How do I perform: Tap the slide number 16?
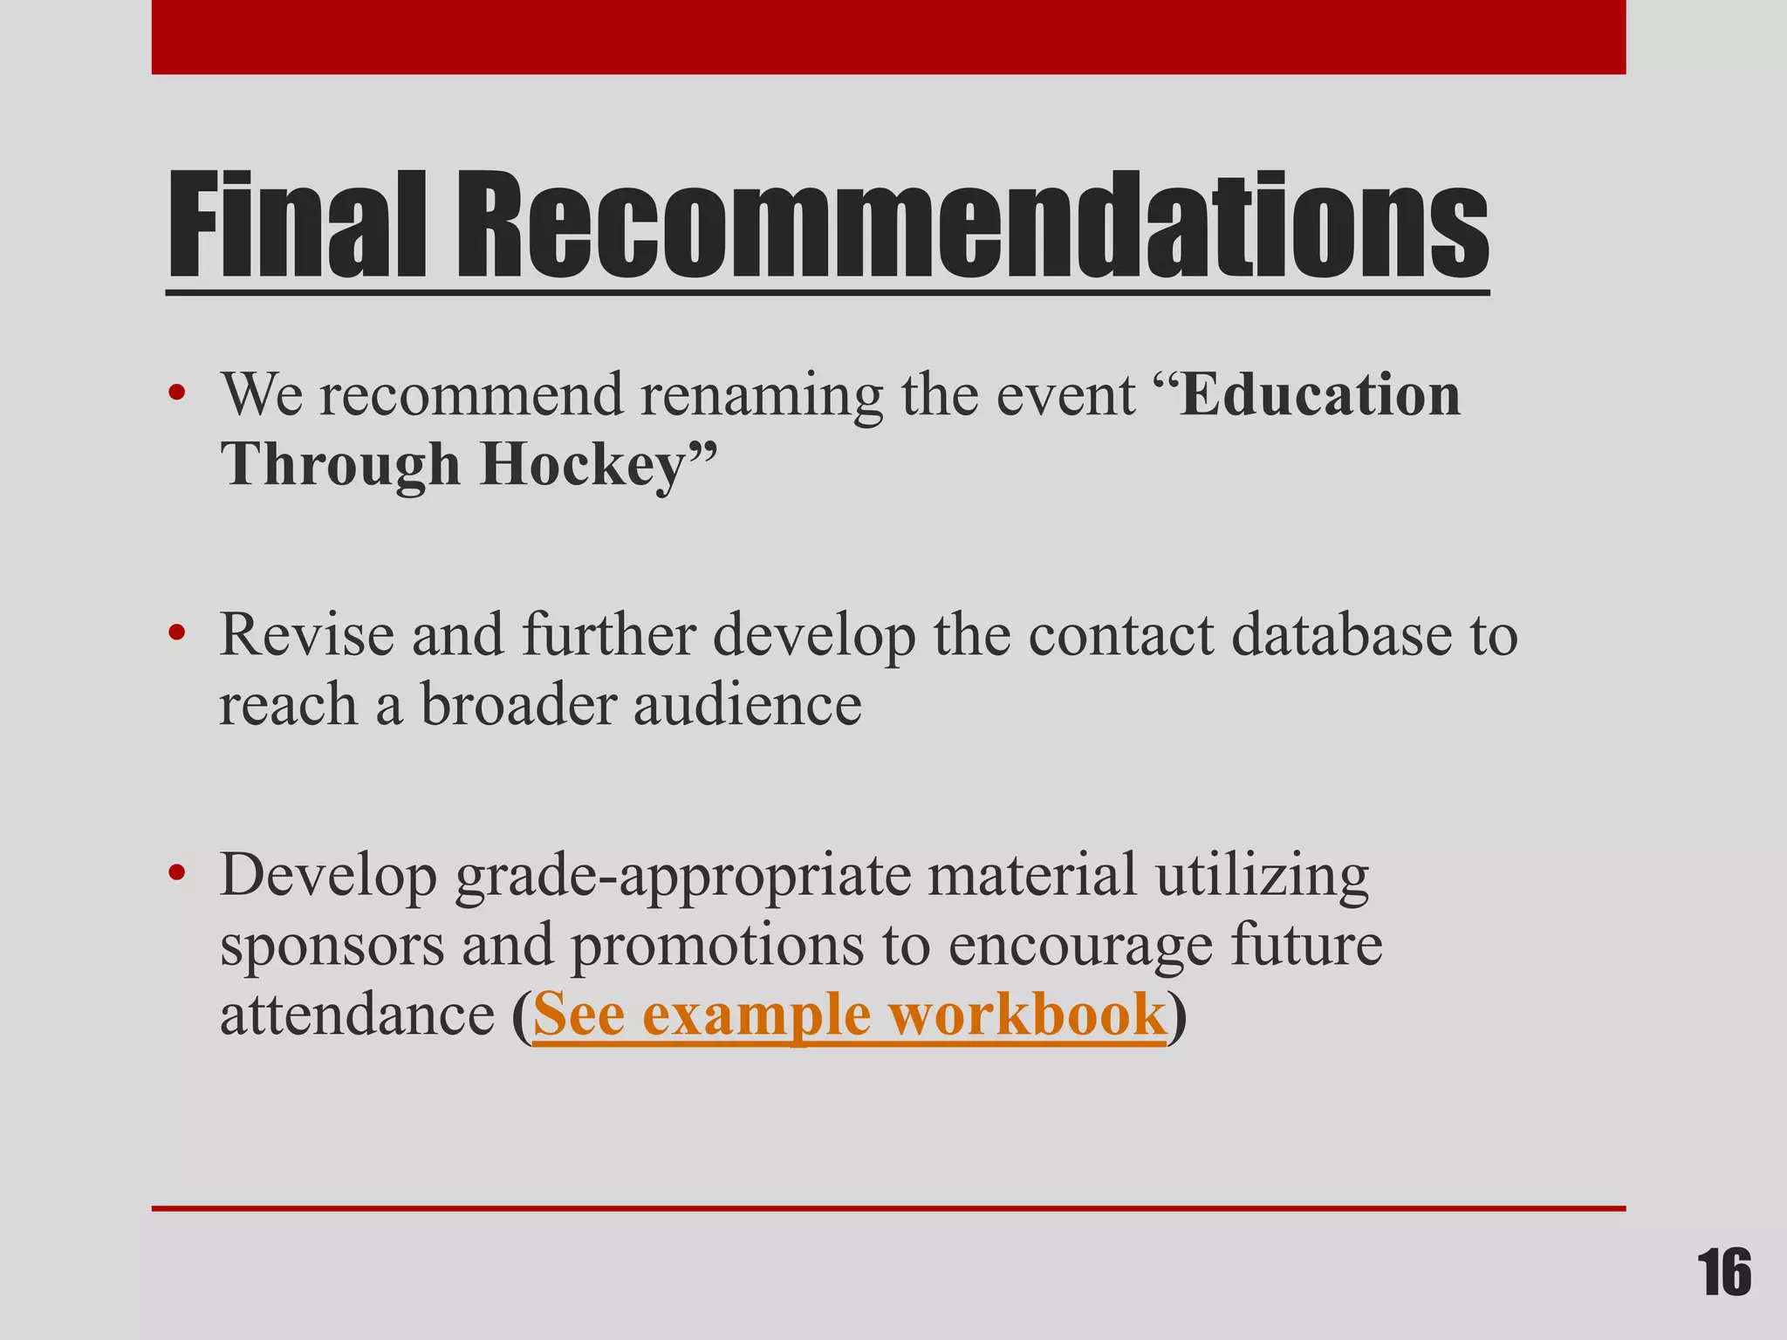pos(1724,1274)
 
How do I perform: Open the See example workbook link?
pos(849,1015)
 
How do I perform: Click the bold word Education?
pos(1318,395)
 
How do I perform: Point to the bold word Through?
pos(339,465)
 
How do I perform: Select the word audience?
pos(747,704)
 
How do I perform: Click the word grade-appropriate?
pos(681,876)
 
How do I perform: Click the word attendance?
pos(357,1015)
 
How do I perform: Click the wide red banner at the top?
pos(888,37)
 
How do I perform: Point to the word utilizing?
pos(1263,876)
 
